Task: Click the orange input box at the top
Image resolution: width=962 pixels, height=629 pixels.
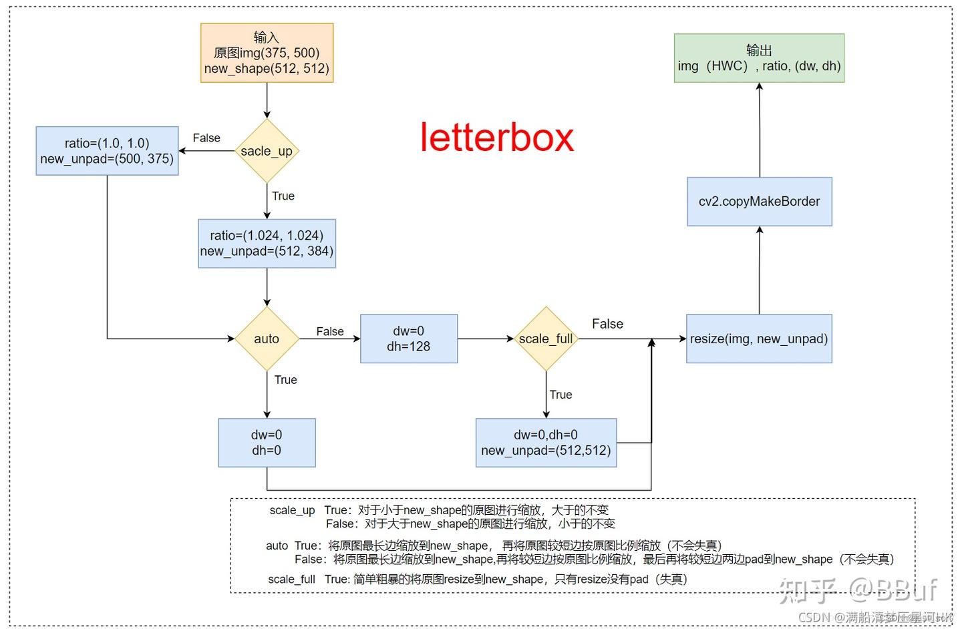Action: (267, 53)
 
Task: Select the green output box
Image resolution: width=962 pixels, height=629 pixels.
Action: (759, 58)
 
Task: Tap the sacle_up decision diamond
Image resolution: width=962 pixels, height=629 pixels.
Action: (267, 151)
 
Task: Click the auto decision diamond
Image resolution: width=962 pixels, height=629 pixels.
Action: (267, 339)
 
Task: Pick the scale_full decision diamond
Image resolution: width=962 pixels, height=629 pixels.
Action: (546, 339)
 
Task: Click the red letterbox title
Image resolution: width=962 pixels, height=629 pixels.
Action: (496, 138)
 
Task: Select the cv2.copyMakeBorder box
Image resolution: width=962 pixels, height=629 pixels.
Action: (759, 202)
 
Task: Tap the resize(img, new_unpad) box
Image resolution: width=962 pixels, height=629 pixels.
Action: (759, 339)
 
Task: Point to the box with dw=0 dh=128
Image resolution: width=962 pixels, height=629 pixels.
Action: (408, 339)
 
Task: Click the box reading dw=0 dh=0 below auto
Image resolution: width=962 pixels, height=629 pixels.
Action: (267, 443)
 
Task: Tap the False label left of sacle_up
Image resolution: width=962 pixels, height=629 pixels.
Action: (206, 138)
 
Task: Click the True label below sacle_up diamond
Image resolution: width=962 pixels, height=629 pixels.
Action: (283, 196)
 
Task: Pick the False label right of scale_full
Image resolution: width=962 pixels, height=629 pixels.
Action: (607, 324)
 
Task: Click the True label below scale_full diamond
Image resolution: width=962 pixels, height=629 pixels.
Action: (560, 395)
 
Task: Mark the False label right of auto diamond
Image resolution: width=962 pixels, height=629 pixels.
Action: (330, 331)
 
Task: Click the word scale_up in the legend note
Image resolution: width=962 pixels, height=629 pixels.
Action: (292, 510)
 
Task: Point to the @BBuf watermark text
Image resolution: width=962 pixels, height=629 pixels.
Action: (893, 590)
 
